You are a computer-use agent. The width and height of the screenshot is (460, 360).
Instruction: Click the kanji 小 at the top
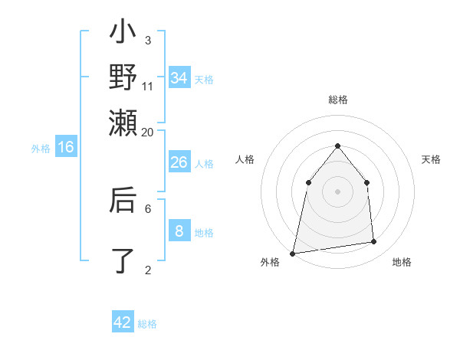(123, 34)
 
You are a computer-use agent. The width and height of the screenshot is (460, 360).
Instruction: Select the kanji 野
(123, 77)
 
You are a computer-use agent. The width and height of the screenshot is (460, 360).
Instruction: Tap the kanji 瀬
(123, 121)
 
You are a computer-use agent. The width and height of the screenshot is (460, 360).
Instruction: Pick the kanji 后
(123, 200)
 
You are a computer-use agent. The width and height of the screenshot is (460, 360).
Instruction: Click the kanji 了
(123, 260)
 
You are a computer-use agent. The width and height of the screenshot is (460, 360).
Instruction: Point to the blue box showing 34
(179, 78)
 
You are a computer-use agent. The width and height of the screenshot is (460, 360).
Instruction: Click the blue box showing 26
(179, 162)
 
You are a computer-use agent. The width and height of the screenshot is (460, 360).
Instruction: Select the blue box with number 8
(179, 231)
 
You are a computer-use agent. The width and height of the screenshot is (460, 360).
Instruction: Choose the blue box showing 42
(123, 322)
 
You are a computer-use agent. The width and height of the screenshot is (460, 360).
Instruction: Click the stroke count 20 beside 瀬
(148, 132)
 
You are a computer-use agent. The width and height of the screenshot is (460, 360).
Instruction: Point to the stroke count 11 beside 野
(148, 86)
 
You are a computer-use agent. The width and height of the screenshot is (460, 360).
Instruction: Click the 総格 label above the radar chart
(337, 100)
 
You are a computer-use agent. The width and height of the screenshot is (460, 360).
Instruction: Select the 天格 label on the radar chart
(431, 159)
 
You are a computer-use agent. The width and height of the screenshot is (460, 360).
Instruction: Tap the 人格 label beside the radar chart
(245, 159)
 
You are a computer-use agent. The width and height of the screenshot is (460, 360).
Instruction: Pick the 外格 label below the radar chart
(270, 262)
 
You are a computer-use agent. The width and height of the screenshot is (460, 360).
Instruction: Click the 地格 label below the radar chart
(402, 262)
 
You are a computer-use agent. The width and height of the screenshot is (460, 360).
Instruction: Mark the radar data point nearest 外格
(292, 253)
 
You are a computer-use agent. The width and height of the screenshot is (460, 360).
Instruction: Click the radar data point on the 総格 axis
(337, 146)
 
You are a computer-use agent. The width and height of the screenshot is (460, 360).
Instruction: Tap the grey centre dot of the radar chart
(337, 191)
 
